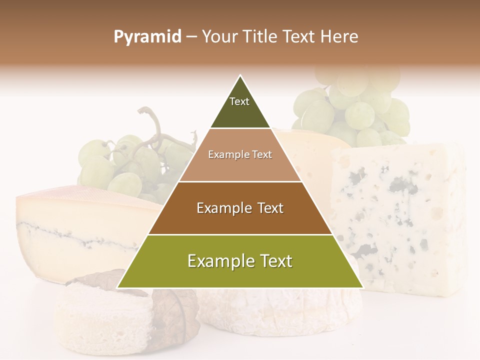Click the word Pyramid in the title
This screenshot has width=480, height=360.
(147, 37)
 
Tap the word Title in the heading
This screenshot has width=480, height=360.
(262, 37)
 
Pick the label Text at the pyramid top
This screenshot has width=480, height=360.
(239, 101)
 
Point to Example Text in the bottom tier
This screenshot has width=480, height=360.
(240, 261)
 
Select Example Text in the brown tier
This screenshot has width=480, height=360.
(240, 208)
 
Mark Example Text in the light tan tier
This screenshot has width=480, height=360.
(240, 154)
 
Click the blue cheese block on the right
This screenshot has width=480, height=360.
(400, 215)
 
